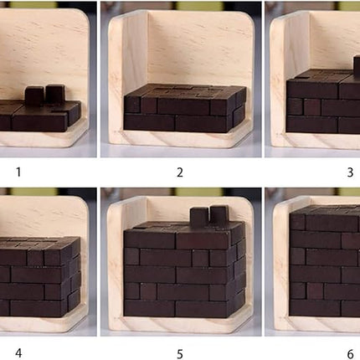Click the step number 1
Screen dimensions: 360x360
(x=16, y=172)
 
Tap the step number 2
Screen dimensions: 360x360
(x=179, y=172)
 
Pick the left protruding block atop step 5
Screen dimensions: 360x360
(x=198, y=218)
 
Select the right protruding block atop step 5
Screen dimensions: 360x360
(x=218, y=215)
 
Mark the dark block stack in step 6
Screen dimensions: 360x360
(x=327, y=264)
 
